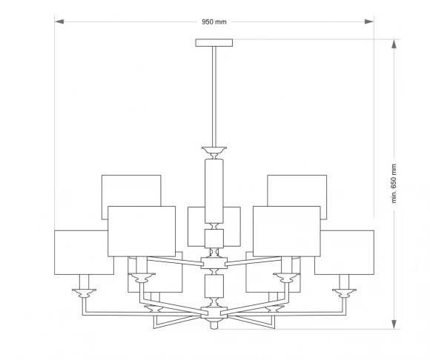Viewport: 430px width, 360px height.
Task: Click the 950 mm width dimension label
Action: pyautogui.click(x=214, y=22)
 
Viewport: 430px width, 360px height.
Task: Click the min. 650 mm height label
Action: pyautogui.click(x=394, y=184)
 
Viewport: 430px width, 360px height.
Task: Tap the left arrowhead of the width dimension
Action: pyautogui.click(x=59, y=21)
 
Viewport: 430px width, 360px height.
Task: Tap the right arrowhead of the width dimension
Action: pyautogui.click(x=369, y=21)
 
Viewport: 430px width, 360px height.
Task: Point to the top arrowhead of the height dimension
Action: pyautogui.click(x=394, y=44)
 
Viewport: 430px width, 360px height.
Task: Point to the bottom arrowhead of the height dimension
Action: pyautogui.click(x=394, y=324)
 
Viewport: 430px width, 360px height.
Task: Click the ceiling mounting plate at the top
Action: pyautogui.click(x=214, y=43)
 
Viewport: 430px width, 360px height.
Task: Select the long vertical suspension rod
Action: pyautogui.click(x=214, y=97)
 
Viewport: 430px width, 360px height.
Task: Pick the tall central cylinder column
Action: pyautogui.click(x=214, y=191)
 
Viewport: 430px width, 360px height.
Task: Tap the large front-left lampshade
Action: pyautogui.click(x=142, y=231)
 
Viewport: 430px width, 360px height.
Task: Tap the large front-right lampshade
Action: pyautogui.click(x=287, y=231)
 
